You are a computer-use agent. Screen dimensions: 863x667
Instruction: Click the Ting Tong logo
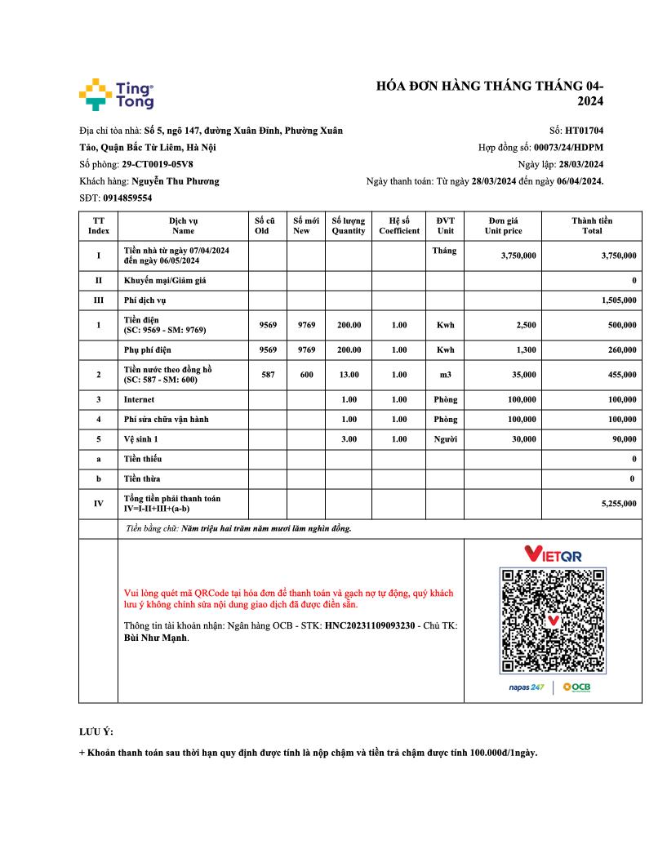click(116, 94)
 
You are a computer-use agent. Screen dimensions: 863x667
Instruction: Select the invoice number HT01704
click(584, 130)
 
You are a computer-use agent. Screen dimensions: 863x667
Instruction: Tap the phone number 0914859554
click(127, 198)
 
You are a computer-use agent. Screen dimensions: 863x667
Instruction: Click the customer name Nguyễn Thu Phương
click(175, 181)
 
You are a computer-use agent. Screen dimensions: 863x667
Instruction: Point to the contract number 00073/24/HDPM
click(568, 148)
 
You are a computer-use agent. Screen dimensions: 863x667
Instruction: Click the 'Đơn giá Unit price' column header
click(503, 225)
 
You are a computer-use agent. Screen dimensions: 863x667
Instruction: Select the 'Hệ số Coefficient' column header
click(399, 225)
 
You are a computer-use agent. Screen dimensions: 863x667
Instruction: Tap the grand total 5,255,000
click(618, 505)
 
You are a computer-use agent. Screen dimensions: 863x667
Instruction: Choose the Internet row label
click(139, 400)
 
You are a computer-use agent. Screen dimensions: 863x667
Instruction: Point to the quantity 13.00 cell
click(349, 375)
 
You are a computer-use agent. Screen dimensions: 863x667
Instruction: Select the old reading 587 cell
click(268, 375)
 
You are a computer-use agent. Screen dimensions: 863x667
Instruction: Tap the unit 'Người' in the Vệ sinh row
click(445, 439)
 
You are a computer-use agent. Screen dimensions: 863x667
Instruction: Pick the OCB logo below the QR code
click(576, 687)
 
